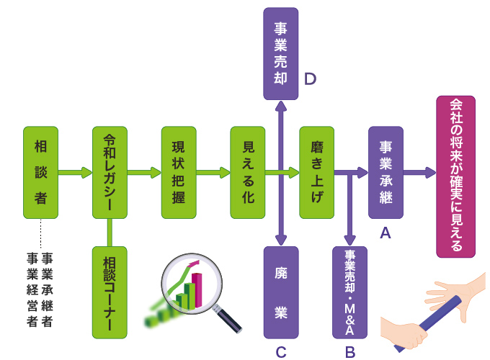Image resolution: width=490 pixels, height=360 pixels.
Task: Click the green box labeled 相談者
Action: click(40, 172)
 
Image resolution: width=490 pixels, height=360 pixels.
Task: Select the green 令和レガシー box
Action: click(110, 172)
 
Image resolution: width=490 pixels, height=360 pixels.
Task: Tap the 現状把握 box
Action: click(179, 172)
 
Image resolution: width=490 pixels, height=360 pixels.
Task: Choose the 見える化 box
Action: click(248, 172)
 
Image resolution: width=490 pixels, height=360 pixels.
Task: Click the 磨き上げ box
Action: click(317, 172)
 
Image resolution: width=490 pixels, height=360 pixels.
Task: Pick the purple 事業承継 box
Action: click(386, 172)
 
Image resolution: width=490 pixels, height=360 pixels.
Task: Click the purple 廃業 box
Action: click(280, 292)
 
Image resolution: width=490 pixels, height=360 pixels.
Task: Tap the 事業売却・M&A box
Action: click(349, 292)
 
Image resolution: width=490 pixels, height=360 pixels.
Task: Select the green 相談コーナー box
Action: click(110, 292)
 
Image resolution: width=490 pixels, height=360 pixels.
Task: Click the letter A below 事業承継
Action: click(386, 233)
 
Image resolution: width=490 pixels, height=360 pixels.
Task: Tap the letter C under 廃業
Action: click(281, 351)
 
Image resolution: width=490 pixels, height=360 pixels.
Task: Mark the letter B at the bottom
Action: click(350, 351)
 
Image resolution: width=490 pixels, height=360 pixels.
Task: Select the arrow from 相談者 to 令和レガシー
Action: click(75, 172)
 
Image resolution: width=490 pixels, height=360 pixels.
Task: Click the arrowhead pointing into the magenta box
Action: click(430, 172)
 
